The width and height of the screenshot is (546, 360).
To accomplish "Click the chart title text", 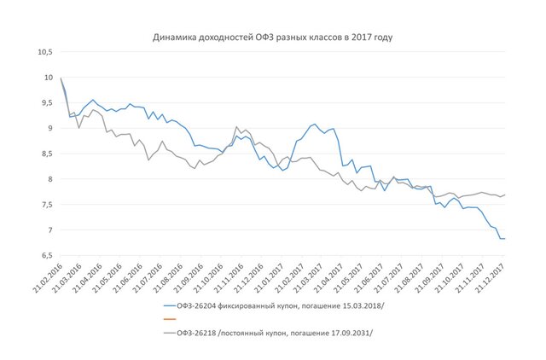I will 273,38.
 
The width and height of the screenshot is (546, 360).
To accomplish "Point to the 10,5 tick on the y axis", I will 44,52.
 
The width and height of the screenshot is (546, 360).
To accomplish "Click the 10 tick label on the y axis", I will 48,78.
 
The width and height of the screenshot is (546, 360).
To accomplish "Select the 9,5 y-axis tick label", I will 45,103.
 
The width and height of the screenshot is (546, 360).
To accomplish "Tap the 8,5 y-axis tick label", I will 45,154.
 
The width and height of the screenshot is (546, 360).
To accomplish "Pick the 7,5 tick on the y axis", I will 45,205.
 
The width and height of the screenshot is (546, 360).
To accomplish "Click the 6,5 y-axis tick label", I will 45,256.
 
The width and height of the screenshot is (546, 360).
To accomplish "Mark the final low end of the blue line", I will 504,239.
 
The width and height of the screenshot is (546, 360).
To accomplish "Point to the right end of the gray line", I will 505,195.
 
